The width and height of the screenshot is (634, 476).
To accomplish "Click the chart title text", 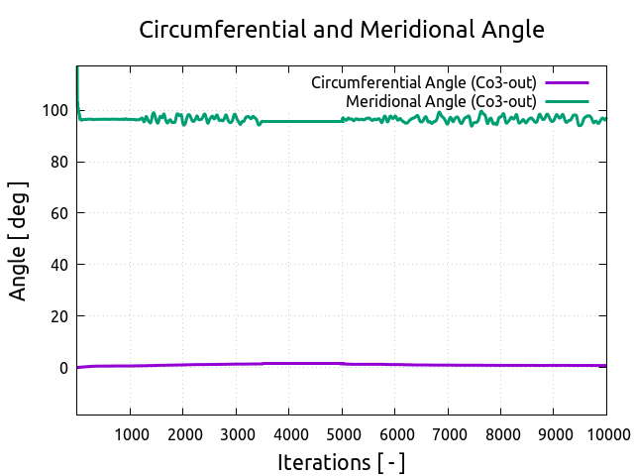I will coord(342,30).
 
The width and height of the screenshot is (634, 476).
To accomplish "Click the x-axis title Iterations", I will coord(341,462).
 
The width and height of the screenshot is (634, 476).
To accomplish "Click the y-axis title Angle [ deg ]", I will coord(19,240).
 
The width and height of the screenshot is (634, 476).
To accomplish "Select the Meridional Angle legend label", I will coord(441,101).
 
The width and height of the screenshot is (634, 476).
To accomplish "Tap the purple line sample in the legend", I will coord(567,82).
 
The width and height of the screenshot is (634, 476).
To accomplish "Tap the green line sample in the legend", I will coord(567,101).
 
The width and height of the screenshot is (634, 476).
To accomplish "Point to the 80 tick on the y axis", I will coord(58,162).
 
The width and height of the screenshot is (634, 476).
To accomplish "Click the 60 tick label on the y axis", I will coord(58,213).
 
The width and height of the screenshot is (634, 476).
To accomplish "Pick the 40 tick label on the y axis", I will coord(58,265).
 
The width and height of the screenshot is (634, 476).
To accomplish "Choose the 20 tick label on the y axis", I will coord(58,316).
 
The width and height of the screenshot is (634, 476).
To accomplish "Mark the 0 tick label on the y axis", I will coord(63,368).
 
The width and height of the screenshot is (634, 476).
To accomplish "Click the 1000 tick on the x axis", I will coord(130,433).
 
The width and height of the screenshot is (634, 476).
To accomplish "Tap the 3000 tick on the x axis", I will coord(236,433).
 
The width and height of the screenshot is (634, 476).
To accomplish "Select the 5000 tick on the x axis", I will coord(342,433).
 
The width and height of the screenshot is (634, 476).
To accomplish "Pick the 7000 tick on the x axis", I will coord(448,433).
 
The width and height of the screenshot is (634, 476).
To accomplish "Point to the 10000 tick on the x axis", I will coord(604,433).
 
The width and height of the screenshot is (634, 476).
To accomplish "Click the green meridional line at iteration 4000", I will coord(288,121).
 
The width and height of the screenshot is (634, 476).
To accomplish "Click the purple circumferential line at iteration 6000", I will coord(394,364).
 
